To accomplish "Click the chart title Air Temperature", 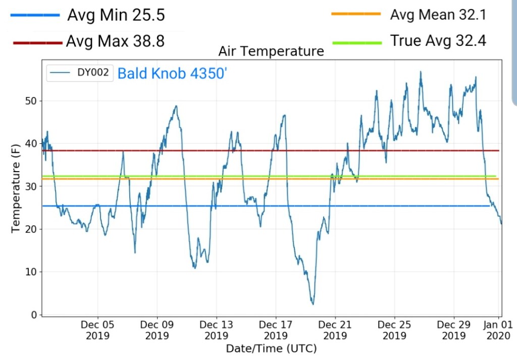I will point(271,51).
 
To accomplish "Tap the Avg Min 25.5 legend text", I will point(116,15).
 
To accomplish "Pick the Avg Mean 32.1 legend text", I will point(438,15).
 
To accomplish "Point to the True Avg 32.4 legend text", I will point(438,41).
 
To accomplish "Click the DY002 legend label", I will point(93,73).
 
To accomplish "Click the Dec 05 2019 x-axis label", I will point(97,330).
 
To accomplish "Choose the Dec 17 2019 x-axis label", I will point(276,330).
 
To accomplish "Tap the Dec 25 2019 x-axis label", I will point(394,330).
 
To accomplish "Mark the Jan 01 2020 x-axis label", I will point(499,330).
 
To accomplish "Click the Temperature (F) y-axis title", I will point(16,188).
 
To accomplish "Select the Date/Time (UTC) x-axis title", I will point(271,348).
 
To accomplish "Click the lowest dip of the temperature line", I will point(313,304).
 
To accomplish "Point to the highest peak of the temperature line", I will point(421,72).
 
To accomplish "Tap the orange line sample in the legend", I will point(355,15).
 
